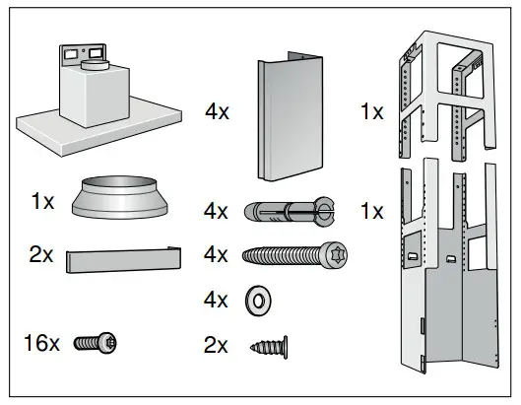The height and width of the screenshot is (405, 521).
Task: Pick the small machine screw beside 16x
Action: [x=100, y=343]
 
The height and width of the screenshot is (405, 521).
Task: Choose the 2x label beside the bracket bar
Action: [x=42, y=254]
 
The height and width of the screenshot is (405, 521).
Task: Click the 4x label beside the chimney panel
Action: [x=217, y=111]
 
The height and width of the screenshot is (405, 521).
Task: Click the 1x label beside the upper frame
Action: [x=371, y=111]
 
